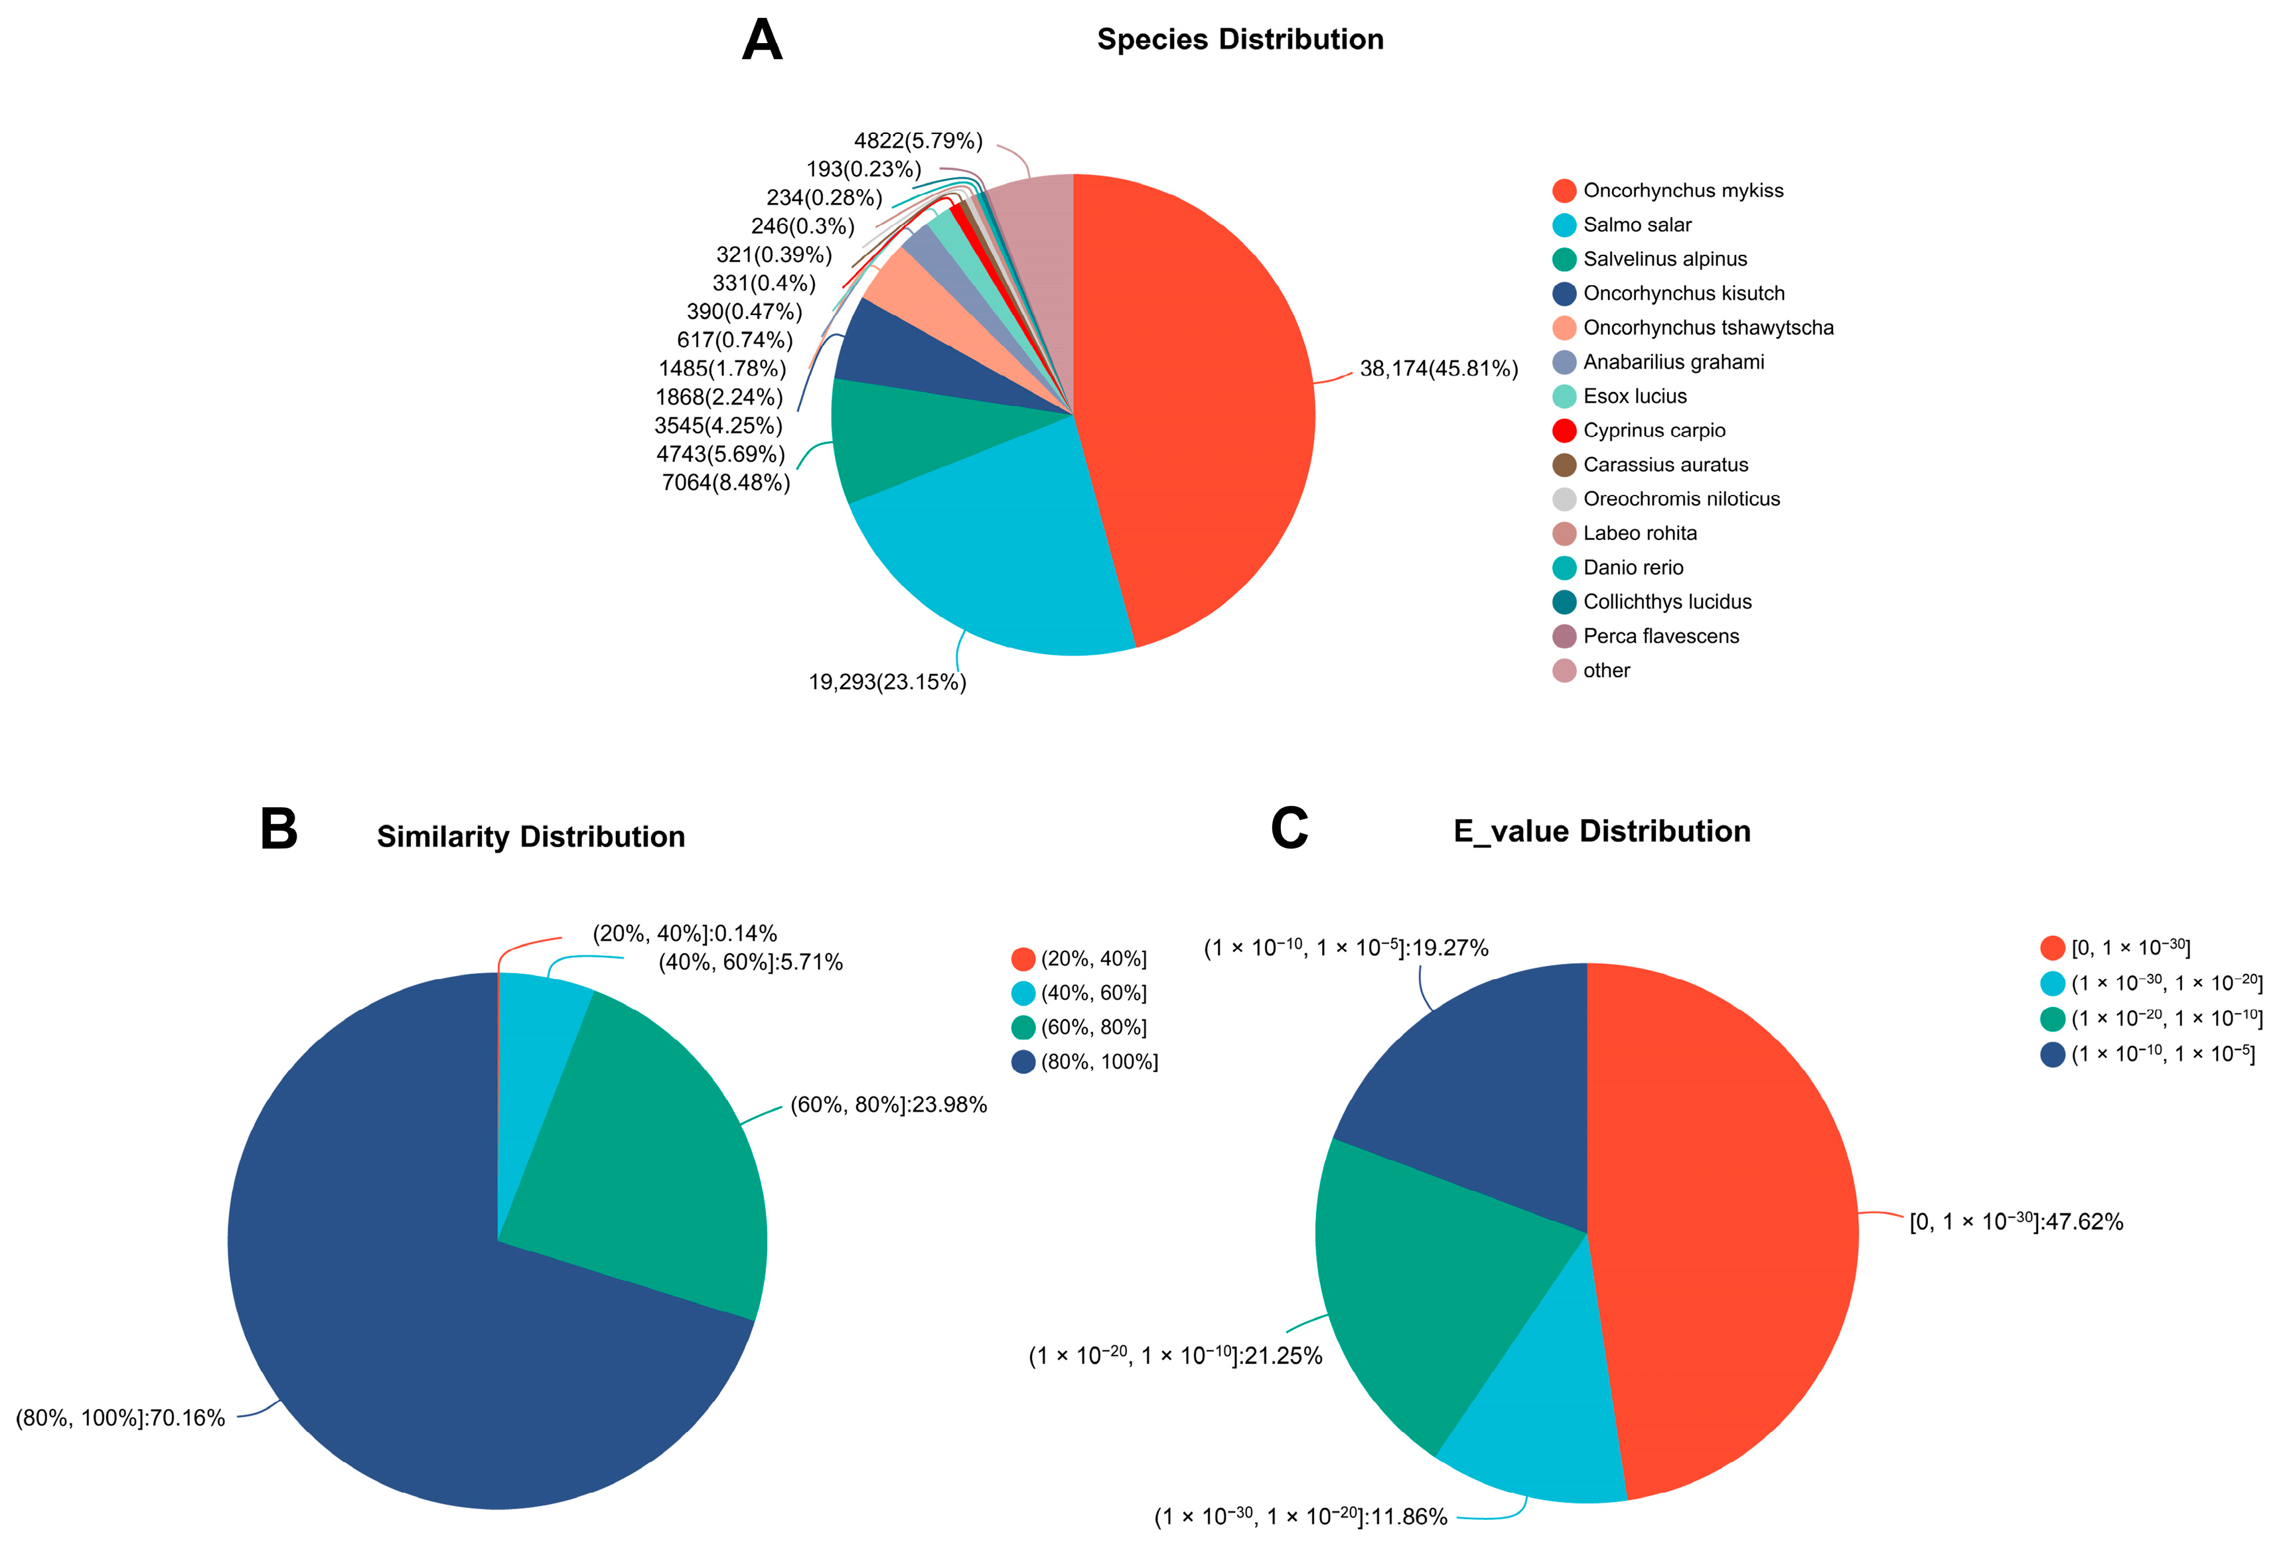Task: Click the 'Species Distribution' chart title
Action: (x=1240, y=39)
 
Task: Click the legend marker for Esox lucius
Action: (x=1564, y=396)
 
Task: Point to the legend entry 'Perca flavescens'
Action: (x=1660, y=636)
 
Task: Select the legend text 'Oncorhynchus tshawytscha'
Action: (x=1708, y=328)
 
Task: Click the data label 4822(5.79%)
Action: (x=918, y=141)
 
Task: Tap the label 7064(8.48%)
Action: (x=725, y=482)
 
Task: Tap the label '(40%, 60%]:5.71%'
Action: (x=750, y=962)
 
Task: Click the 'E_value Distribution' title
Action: (x=1601, y=831)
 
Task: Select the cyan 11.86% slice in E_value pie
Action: (x=1540, y=1422)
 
